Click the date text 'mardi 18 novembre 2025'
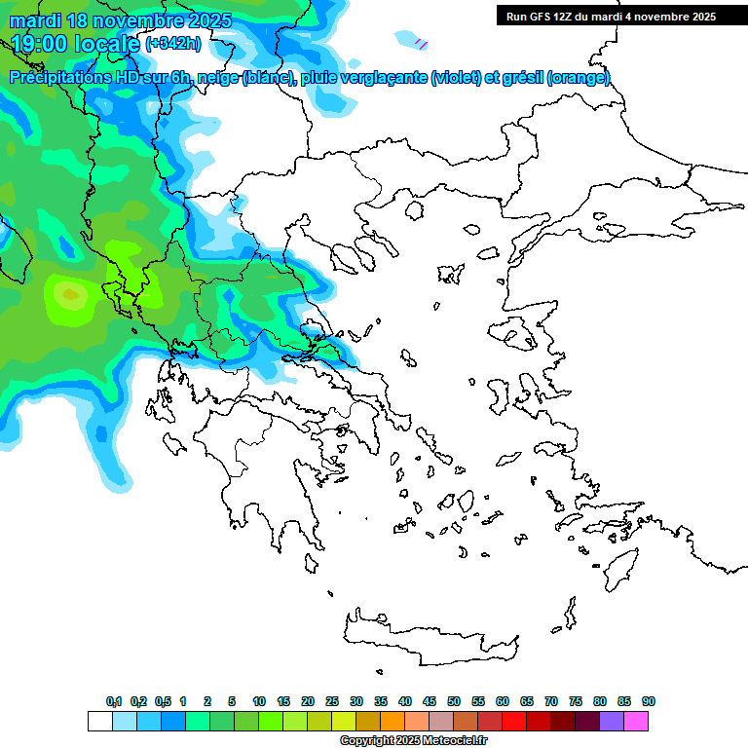(x=121, y=20)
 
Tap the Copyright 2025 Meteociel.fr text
(x=413, y=740)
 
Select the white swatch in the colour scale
(x=99, y=721)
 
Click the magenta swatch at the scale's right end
(x=636, y=721)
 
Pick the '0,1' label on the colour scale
(x=114, y=701)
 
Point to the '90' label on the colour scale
(x=649, y=701)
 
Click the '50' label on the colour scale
(x=454, y=701)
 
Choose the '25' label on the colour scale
(x=332, y=701)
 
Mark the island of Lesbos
(x=515, y=336)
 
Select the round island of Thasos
(x=415, y=210)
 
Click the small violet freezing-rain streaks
(x=421, y=43)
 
